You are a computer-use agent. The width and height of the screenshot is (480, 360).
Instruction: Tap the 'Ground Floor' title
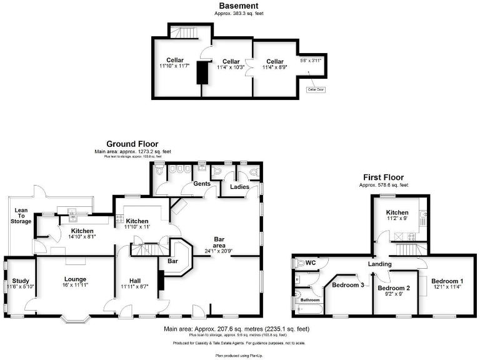pos(132,143)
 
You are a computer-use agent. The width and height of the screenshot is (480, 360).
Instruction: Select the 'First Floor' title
pos(383,177)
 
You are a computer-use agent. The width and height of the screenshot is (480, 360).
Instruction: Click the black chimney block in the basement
pos(202,72)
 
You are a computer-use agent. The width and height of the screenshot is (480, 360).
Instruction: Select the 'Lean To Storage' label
pos(21,216)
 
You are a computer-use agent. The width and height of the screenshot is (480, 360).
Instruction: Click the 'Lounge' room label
pos(74,279)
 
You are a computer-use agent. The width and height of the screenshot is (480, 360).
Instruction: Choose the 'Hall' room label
pos(135,281)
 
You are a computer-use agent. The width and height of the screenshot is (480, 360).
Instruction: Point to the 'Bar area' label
pos(219,242)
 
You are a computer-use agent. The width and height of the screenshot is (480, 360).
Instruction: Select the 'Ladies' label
pos(241,187)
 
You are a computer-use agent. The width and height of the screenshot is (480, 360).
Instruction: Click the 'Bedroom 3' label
pos(347,285)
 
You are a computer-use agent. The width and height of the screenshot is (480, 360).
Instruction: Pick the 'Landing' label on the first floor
pos(379,264)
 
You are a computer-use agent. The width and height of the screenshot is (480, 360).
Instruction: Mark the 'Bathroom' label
pos(310,300)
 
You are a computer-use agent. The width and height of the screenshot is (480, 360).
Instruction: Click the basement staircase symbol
pos(184,31)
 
